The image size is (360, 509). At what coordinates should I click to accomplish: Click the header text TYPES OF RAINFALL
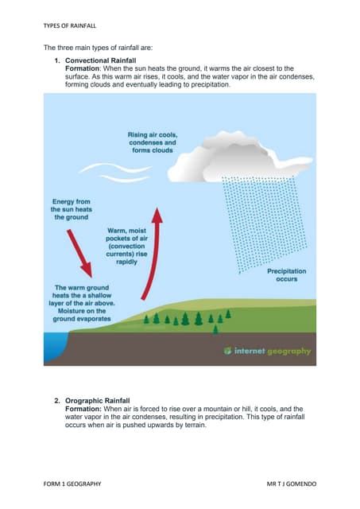click(69, 25)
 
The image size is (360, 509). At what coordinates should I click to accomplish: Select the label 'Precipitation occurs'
click(286, 275)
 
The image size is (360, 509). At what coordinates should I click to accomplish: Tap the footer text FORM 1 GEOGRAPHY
click(72, 483)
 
